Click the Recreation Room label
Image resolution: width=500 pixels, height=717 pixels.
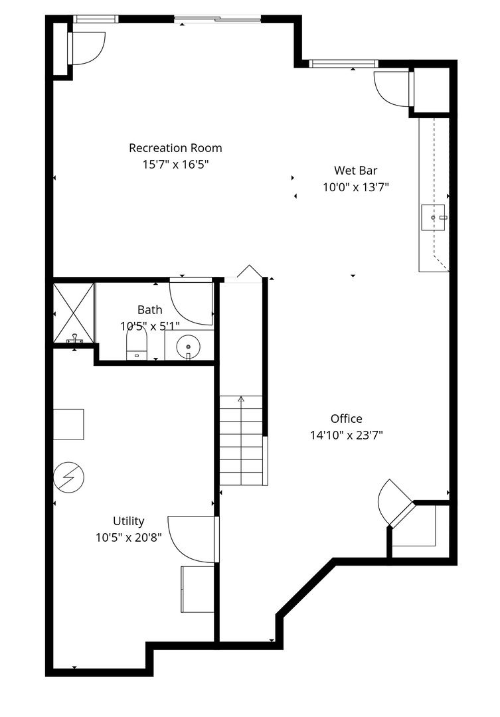pyautogui.click(x=175, y=147)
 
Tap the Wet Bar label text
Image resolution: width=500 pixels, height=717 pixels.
pyautogui.click(x=355, y=171)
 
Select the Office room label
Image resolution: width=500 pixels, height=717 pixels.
pyautogui.click(x=347, y=418)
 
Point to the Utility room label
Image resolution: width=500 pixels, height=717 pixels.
pyautogui.click(x=129, y=521)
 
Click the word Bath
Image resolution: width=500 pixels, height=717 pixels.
pyautogui.click(x=149, y=309)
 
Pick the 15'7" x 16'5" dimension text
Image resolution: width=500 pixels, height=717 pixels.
pyautogui.click(x=176, y=164)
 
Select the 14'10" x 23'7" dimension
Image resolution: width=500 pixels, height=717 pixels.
pyautogui.click(x=347, y=435)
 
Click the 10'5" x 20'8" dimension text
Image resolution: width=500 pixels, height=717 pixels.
pyautogui.click(x=129, y=537)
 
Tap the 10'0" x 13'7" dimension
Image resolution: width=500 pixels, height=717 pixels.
pyautogui.click(x=355, y=187)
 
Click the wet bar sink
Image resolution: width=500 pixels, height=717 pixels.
pyautogui.click(x=433, y=218)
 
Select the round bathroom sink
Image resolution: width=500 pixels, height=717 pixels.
pyautogui.click(x=188, y=347)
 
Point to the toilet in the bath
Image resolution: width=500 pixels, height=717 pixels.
pyautogui.click(x=137, y=346)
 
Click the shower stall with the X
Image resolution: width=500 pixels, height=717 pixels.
pyautogui.click(x=74, y=313)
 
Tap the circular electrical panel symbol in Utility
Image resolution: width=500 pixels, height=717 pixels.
pyautogui.click(x=68, y=478)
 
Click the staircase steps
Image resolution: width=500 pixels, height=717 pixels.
pyautogui.click(x=241, y=440)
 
